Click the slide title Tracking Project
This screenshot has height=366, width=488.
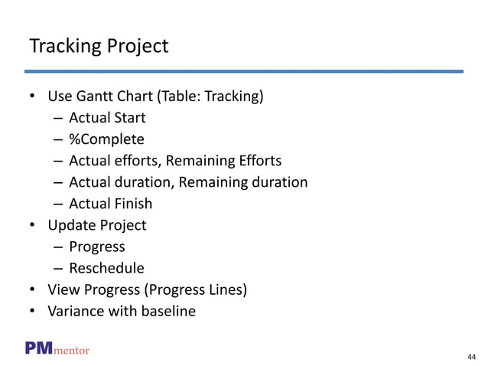pos(98,47)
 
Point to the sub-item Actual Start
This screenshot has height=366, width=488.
pos(107,118)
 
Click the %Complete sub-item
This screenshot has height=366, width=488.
pos(106,139)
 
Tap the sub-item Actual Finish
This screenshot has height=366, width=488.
pos(110,204)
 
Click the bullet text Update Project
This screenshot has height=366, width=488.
pos(97,225)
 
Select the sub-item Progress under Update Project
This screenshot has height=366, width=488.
pos(97,247)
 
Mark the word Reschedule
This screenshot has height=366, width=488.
pos(106,268)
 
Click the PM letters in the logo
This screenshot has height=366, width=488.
pos(38,349)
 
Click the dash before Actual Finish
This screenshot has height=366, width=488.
pos(59,204)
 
